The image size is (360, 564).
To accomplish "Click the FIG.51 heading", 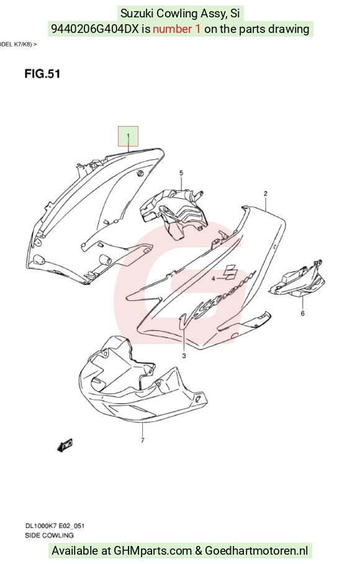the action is [42, 74].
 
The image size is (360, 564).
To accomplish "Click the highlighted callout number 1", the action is [128, 136].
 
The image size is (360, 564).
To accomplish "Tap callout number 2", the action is [266, 194].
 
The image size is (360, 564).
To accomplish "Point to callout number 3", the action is [184, 356].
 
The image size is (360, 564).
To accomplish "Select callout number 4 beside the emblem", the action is [213, 278].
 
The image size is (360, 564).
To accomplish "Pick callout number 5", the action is [181, 173].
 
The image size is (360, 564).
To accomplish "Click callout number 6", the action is [302, 313].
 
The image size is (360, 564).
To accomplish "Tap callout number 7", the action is [143, 440].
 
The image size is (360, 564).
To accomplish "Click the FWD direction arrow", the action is [65, 445].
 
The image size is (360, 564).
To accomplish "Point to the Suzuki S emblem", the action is [230, 272].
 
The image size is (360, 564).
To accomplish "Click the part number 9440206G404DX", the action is [95, 29].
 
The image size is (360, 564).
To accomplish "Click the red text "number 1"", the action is [177, 29].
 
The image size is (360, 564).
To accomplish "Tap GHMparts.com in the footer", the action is [153, 551].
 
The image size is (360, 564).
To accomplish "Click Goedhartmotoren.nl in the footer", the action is [256, 551].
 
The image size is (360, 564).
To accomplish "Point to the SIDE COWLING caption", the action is [49, 535].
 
